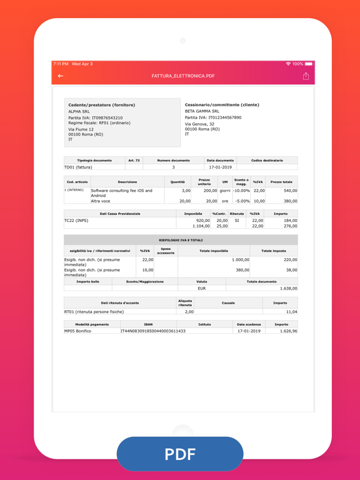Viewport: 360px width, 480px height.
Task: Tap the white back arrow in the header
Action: [61, 76]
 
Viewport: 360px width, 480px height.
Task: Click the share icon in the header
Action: [306, 76]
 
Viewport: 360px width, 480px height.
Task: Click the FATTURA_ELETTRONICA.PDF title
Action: [183, 76]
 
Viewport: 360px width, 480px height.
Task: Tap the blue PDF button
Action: [180, 454]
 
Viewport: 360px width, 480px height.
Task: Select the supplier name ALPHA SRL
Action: [79, 111]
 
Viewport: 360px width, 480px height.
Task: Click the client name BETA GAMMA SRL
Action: [202, 111]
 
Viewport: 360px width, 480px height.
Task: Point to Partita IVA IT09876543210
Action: [96, 117]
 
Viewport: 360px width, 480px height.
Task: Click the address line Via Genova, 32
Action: [199, 124]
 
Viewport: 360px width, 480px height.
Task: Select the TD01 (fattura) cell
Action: [78, 167]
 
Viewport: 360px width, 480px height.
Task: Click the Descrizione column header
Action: [127, 182]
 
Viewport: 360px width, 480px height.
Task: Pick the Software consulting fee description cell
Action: [122, 193]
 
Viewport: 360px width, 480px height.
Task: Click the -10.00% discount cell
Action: [241, 191]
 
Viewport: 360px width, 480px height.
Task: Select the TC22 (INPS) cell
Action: [76, 221]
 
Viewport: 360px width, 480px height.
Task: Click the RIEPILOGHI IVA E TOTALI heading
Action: [181, 240]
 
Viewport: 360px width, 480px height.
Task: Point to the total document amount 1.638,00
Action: [288, 289]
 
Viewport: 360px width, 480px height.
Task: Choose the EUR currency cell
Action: [202, 289]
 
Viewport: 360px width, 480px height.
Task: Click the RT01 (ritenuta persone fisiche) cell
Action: [94, 311]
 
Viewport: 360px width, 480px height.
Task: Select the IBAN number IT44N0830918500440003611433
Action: [153, 331]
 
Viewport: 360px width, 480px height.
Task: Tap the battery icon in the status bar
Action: [309, 64]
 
